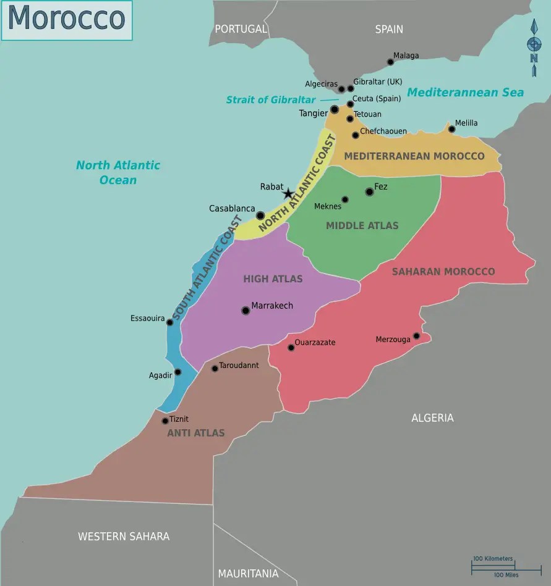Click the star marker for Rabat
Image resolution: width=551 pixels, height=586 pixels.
coord(288,194)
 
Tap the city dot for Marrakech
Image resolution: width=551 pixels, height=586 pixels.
coord(246,311)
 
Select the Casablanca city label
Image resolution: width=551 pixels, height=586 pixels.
coord(232,209)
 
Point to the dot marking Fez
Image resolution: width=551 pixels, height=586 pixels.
coord(369,191)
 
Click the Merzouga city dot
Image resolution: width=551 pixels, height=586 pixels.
coord(416,336)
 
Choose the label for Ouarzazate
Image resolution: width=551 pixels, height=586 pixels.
coord(315,342)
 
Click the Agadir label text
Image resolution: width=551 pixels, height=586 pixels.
coord(160,375)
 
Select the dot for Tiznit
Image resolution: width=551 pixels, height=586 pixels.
coord(165,421)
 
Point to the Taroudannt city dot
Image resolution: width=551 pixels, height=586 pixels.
coord(215,368)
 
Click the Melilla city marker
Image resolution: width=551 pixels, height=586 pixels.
coord(451,129)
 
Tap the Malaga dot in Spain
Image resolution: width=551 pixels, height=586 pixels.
coord(390,62)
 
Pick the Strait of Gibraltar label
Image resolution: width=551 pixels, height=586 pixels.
coord(271,99)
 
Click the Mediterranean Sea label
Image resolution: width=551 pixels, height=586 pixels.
coord(465,93)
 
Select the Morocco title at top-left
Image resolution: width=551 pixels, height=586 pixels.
coord(66,19)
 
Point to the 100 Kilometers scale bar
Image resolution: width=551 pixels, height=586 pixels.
coord(493,563)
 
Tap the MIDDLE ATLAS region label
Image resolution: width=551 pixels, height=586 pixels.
coord(362,225)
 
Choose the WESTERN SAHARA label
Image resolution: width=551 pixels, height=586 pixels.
coord(124,536)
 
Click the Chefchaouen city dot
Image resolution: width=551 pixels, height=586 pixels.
coord(355,135)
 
